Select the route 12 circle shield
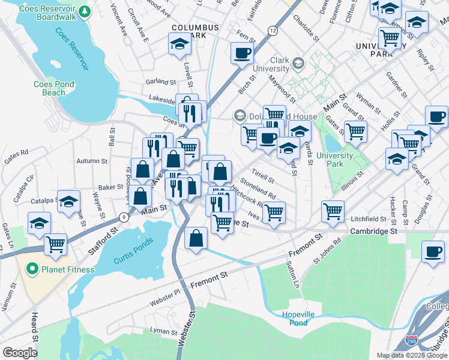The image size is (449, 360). pyautogui.click(x=273, y=31)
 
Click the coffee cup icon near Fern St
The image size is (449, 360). pyautogui.click(x=242, y=53)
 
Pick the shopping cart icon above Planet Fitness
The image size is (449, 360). pyautogui.click(x=55, y=244)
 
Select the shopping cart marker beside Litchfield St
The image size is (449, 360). pyautogui.click(x=333, y=211)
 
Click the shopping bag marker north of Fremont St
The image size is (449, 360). pyautogui.click(x=196, y=238)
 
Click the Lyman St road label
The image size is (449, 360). pyautogui.click(x=164, y=331)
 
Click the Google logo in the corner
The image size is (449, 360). pyautogui.click(x=20, y=352)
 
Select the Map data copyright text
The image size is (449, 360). pyautogui.click(x=411, y=355)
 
